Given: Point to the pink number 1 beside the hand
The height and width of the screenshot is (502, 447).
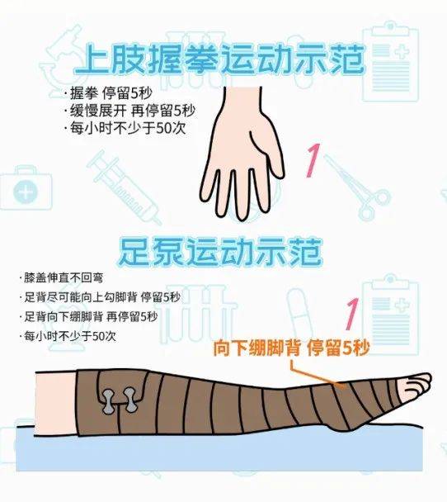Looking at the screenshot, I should [313, 160].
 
